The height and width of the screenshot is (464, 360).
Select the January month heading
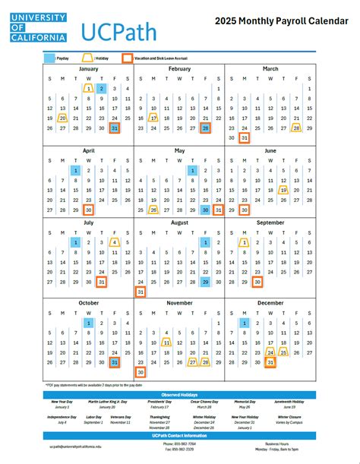tap(89, 69)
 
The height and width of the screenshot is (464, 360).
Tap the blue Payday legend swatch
tap(49, 57)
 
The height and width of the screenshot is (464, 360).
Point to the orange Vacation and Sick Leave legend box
tap(127, 57)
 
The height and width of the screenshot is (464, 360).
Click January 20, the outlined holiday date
tap(63, 118)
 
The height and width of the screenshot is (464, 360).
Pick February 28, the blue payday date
tap(205, 128)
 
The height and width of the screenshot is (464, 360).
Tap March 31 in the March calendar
tap(245, 138)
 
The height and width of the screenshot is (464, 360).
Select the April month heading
tap(89, 150)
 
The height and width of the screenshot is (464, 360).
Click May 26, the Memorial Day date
tap(153, 210)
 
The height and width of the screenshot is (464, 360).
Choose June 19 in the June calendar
tap(283, 190)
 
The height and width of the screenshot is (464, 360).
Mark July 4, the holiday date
tap(115, 241)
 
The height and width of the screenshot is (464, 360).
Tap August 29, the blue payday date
tap(205, 281)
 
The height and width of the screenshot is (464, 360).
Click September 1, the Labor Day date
tap(245, 241)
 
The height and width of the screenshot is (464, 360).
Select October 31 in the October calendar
tap(115, 362)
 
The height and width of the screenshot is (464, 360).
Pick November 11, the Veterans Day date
tap(166, 342)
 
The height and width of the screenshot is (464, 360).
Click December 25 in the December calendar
tap(283, 352)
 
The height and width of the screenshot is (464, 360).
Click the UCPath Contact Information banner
tap(180, 436)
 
